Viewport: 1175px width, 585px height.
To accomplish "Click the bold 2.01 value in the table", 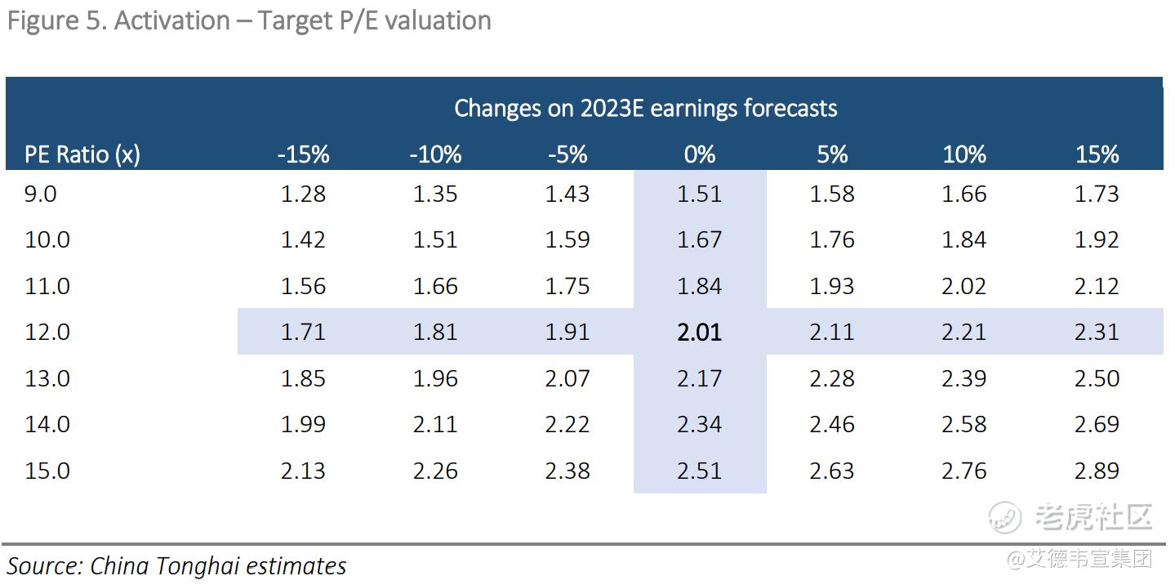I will pyautogui.click(x=700, y=333).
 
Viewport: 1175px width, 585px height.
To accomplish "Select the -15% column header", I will pyautogui.click(x=302, y=154).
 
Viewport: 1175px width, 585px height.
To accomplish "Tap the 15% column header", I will pyautogui.click(x=1097, y=154).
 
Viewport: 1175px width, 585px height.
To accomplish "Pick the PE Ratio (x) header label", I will pyautogui.click(x=82, y=154).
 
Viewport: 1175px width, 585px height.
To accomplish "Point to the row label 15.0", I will pyautogui.click(x=47, y=471).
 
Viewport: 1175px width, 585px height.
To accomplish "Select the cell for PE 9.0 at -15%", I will pyautogui.click(x=303, y=194).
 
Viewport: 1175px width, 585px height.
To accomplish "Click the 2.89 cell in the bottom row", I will pyautogui.click(x=1097, y=471).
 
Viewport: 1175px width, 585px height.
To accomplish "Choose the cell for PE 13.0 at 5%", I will pyautogui.click(x=832, y=379).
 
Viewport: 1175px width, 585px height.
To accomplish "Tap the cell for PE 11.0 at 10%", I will pyautogui.click(x=964, y=287).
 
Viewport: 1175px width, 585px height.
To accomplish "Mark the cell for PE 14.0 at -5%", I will pyautogui.click(x=567, y=425).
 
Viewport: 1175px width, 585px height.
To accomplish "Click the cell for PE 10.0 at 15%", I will pyautogui.click(x=1097, y=240).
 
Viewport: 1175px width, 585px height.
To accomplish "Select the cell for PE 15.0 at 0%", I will pyautogui.click(x=700, y=471).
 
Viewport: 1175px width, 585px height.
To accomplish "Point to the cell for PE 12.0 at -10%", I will pyautogui.click(x=435, y=333).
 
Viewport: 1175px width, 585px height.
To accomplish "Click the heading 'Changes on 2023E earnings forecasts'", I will pyautogui.click(x=645, y=108).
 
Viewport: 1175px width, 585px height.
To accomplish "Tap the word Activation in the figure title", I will pyautogui.click(x=171, y=20).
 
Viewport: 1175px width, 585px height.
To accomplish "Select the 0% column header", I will pyautogui.click(x=700, y=154).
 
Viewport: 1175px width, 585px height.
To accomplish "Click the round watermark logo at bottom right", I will pyautogui.click(x=1005, y=517).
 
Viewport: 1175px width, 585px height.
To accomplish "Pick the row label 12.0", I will pyautogui.click(x=47, y=333).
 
